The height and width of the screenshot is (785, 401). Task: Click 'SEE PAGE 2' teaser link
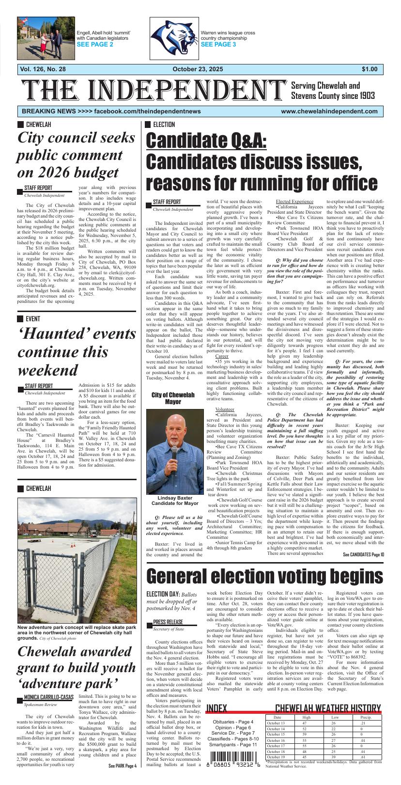tap(95, 45)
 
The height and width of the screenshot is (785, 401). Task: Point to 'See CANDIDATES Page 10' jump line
tap(363, 555)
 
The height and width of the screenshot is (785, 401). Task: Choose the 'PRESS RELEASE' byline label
tap(168, 622)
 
